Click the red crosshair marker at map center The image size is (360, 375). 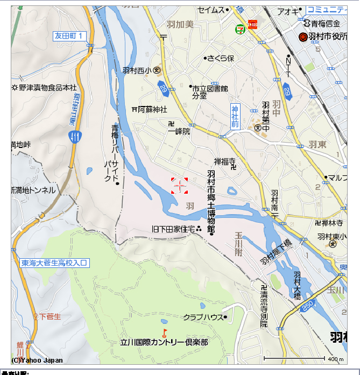coord(180,186)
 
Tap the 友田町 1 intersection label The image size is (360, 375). coord(69,36)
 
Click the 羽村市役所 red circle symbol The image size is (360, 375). coord(302,37)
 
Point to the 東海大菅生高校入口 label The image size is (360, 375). coord(54,263)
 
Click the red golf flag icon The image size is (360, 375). coord(165,332)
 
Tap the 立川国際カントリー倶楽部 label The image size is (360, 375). coord(164,342)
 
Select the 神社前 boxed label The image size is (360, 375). coord(235,116)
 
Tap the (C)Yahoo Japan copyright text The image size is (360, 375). coord(37,360)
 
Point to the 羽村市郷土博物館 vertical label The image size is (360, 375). coord(211,202)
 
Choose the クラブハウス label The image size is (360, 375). coord(203,317)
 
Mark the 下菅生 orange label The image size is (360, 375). coord(50,316)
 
